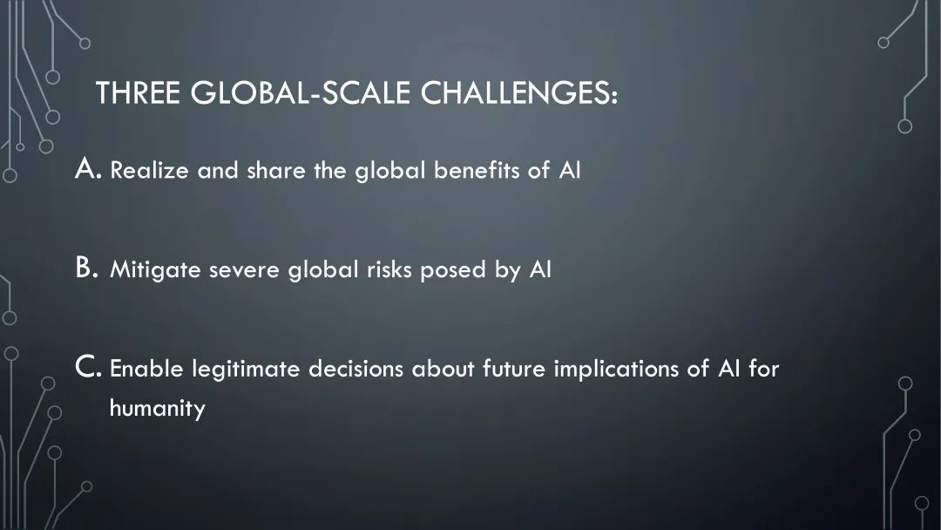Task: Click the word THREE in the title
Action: click(x=138, y=93)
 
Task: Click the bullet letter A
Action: click(x=87, y=168)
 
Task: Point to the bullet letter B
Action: click(x=85, y=268)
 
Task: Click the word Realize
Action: click(x=150, y=171)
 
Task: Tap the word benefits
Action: click(x=477, y=171)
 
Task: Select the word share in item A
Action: click(x=276, y=171)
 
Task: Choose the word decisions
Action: click(x=355, y=369)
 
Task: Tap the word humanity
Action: click(x=157, y=409)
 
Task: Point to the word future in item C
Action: click(x=514, y=369)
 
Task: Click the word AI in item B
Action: click(x=540, y=269)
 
